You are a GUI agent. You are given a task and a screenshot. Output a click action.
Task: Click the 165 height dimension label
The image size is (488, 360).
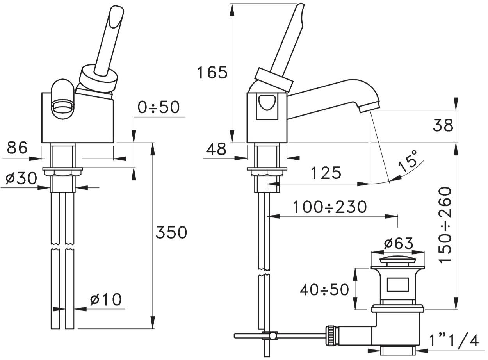[x=212, y=72]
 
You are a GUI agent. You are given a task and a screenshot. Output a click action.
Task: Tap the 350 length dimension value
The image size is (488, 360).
[x=171, y=233]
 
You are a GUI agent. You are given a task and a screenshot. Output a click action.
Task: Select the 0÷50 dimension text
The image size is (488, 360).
[x=159, y=107]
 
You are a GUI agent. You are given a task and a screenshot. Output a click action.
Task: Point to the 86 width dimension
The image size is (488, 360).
[x=17, y=148]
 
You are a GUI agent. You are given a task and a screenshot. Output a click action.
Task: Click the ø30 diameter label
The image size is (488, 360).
[x=21, y=178]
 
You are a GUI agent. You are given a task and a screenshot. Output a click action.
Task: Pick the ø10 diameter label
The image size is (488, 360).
[x=106, y=299]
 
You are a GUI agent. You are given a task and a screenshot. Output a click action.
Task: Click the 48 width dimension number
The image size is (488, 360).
[x=216, y=150]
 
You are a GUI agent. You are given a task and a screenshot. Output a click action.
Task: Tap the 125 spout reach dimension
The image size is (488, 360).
[x=326, y=173]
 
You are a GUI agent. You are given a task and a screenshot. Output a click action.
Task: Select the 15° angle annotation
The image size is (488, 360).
[x=407, y=162]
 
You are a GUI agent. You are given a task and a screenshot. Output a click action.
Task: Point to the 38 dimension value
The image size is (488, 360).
[x=443, y=125]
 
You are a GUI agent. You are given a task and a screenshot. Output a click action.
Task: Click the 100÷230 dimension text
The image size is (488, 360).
[x=329, y=207]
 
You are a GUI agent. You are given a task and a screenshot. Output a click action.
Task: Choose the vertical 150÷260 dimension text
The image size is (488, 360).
[x=445, y=226]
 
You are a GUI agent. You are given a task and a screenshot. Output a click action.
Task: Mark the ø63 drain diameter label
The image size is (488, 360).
[x=399, y=243]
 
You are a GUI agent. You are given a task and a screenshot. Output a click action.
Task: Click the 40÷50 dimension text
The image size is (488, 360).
[x=324, y=290]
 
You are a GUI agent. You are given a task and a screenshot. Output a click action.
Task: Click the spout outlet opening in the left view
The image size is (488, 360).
[x=62, y=107]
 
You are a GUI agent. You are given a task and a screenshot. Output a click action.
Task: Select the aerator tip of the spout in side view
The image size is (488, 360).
[x=369, y=108]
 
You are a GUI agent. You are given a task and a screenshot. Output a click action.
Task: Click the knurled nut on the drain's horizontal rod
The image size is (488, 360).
[x=330, y=342]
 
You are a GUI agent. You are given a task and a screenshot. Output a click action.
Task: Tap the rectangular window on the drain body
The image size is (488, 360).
[x=397, y=285]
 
